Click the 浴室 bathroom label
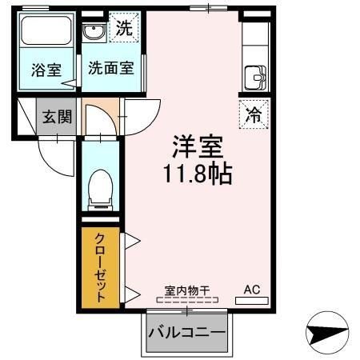pyautogui.click(x=44, y=69)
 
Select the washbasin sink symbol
pyautogui.click(x=94, y=33)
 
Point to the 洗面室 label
pyautogui.click(x=110, y=69)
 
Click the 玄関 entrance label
pyautogui.click(x=57, y=116)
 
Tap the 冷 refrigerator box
pyautogui.click(x=254, y=114)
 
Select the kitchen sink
pyautogui.click(x=255, y=78)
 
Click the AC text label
pyautogui.click(x=251, y=290)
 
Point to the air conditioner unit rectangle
pyautogui.click(x=251, y=302)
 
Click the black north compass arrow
pyautogui.click(x=328, y=334)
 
